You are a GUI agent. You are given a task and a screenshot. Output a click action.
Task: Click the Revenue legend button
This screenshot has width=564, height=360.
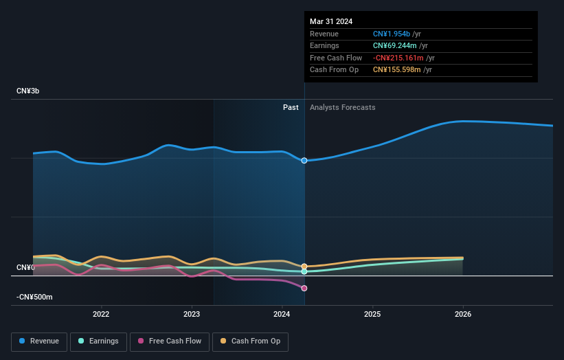click(x=40, y=341)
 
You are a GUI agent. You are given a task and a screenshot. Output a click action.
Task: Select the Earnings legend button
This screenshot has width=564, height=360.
click(x=98, y=341)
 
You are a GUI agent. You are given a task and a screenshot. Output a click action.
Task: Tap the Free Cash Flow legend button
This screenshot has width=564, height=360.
click(x=169, y=341)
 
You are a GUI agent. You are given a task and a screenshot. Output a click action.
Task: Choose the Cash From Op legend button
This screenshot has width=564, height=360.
click(x=250, y=341)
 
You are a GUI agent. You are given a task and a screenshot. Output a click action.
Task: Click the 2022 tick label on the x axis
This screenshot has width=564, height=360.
click(x=101, y=315)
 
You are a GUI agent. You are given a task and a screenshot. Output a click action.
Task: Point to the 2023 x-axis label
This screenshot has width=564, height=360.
click(x=192, y=315)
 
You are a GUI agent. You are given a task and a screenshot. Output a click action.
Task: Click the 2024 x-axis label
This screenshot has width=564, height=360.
click(x=282, y=315)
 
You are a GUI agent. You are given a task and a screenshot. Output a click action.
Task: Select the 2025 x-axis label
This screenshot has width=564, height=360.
click(x=372, y=315)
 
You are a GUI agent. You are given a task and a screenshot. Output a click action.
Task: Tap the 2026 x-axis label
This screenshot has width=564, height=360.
click(x=463, y=315)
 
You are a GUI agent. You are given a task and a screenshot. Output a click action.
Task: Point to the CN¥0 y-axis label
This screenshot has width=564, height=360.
click(x=26, y=267)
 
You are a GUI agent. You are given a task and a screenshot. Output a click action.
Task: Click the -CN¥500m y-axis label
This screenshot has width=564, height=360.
click(x=35, y=297)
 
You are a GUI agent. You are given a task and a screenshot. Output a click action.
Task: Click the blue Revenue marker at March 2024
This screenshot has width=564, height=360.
click(x=304, y=160)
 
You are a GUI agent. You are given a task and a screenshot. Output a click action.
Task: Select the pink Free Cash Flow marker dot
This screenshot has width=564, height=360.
click(x=304, y=289)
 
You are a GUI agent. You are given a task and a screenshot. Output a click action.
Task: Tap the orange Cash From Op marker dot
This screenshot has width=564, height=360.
click(x=304, y=266)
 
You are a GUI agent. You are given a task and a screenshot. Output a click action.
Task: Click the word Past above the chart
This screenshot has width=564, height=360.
click(x=291, y=107)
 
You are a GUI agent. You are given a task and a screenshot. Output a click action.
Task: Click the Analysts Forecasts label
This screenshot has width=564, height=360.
click(x=343, y=107)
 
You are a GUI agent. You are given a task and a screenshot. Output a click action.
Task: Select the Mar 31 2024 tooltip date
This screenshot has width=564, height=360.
click(x=331, y=21)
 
